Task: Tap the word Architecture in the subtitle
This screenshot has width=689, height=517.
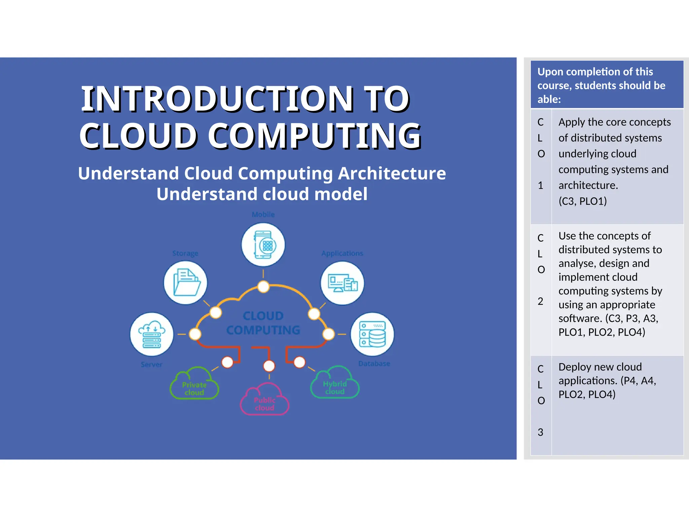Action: click(x=392, y=173)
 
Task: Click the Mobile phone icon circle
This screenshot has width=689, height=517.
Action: click(x=263, y=245)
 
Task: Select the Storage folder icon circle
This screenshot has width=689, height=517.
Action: click(x=185, y=283)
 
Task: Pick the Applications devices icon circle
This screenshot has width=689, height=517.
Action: click(x=342, y=283)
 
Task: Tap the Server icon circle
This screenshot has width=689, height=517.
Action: click(x=152, y=334)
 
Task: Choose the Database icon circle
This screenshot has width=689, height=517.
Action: click(x=372, y=334)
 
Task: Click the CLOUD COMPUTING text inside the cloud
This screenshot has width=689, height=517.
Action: click(x=263, y=323)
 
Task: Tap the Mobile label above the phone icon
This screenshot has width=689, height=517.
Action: click(x=263, y=214)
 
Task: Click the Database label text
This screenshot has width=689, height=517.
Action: click(x=374, y=364)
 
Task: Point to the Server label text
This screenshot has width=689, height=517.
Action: click(x=151, y=365)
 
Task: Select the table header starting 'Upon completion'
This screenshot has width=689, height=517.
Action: click(x=601, y=85)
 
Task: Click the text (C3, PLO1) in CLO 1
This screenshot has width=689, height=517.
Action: click(x=583, y=201)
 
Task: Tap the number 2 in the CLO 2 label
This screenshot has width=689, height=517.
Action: click(x=540, y=301)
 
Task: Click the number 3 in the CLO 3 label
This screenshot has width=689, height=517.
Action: click(x=540, y=432)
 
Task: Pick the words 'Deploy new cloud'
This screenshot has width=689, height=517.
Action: click(x=600, y=367)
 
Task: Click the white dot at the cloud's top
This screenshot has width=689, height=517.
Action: click(x=263, y=287)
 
